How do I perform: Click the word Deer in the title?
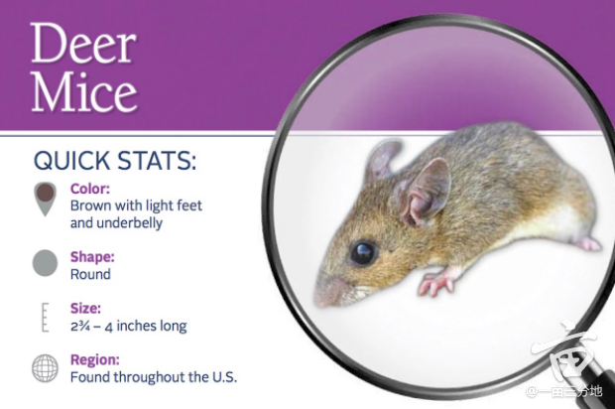tap(83, 43)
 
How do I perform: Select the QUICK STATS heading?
tap(115, 161)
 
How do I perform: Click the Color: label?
tap(90, 189)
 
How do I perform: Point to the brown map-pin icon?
tap(45, 199)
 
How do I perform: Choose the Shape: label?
tap(92, 257)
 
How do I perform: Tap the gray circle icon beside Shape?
tap(45, 263)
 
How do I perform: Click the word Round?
tap(90, 274)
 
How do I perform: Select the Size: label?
tap(85, 308)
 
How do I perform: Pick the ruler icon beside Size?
tap(45, 317)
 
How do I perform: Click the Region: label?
tap(95, 360)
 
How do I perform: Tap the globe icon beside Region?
tap(45, 368)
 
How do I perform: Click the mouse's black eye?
tap(364, 252)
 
